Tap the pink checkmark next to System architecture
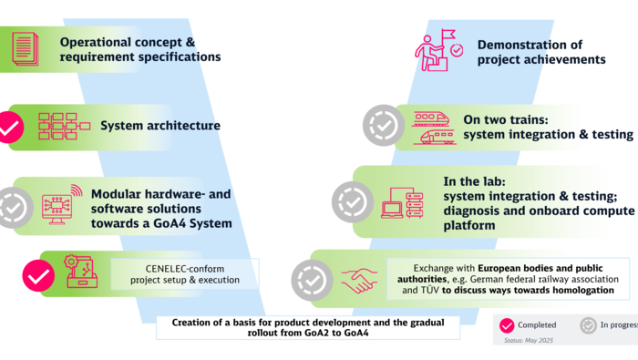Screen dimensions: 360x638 click(x=9, y=127)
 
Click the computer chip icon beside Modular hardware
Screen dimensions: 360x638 click(x=59, y=205)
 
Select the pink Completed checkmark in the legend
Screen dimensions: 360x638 click(x=506, y=325)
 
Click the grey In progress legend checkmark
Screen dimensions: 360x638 click(x=589, y=325)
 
